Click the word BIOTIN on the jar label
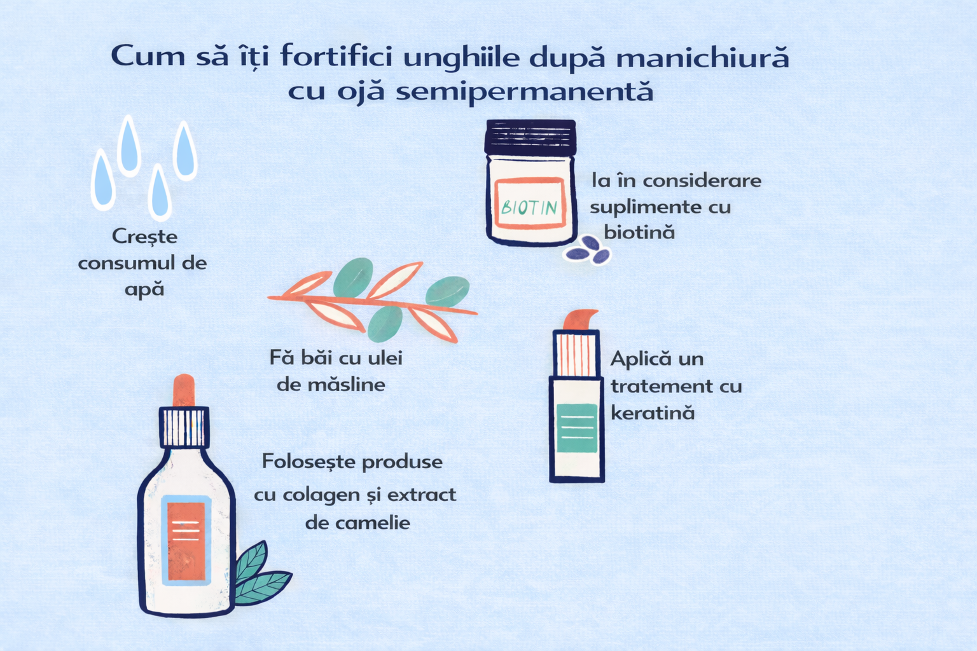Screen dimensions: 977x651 (529, 207)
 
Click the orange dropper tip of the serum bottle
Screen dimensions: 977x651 (184, 391)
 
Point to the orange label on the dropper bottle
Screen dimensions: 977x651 (186, 541)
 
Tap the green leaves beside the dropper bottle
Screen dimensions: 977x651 (261, 574)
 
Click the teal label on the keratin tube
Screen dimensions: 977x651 (577, 428)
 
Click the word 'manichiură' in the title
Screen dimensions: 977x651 (702, 58)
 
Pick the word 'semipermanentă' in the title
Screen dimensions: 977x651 (525, 92)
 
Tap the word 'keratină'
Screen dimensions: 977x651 (653, 412)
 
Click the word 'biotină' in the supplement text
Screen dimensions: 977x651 (639, 231)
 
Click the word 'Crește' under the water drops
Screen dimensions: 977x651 (145, 236)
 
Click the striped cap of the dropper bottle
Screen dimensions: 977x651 (184, 427)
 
